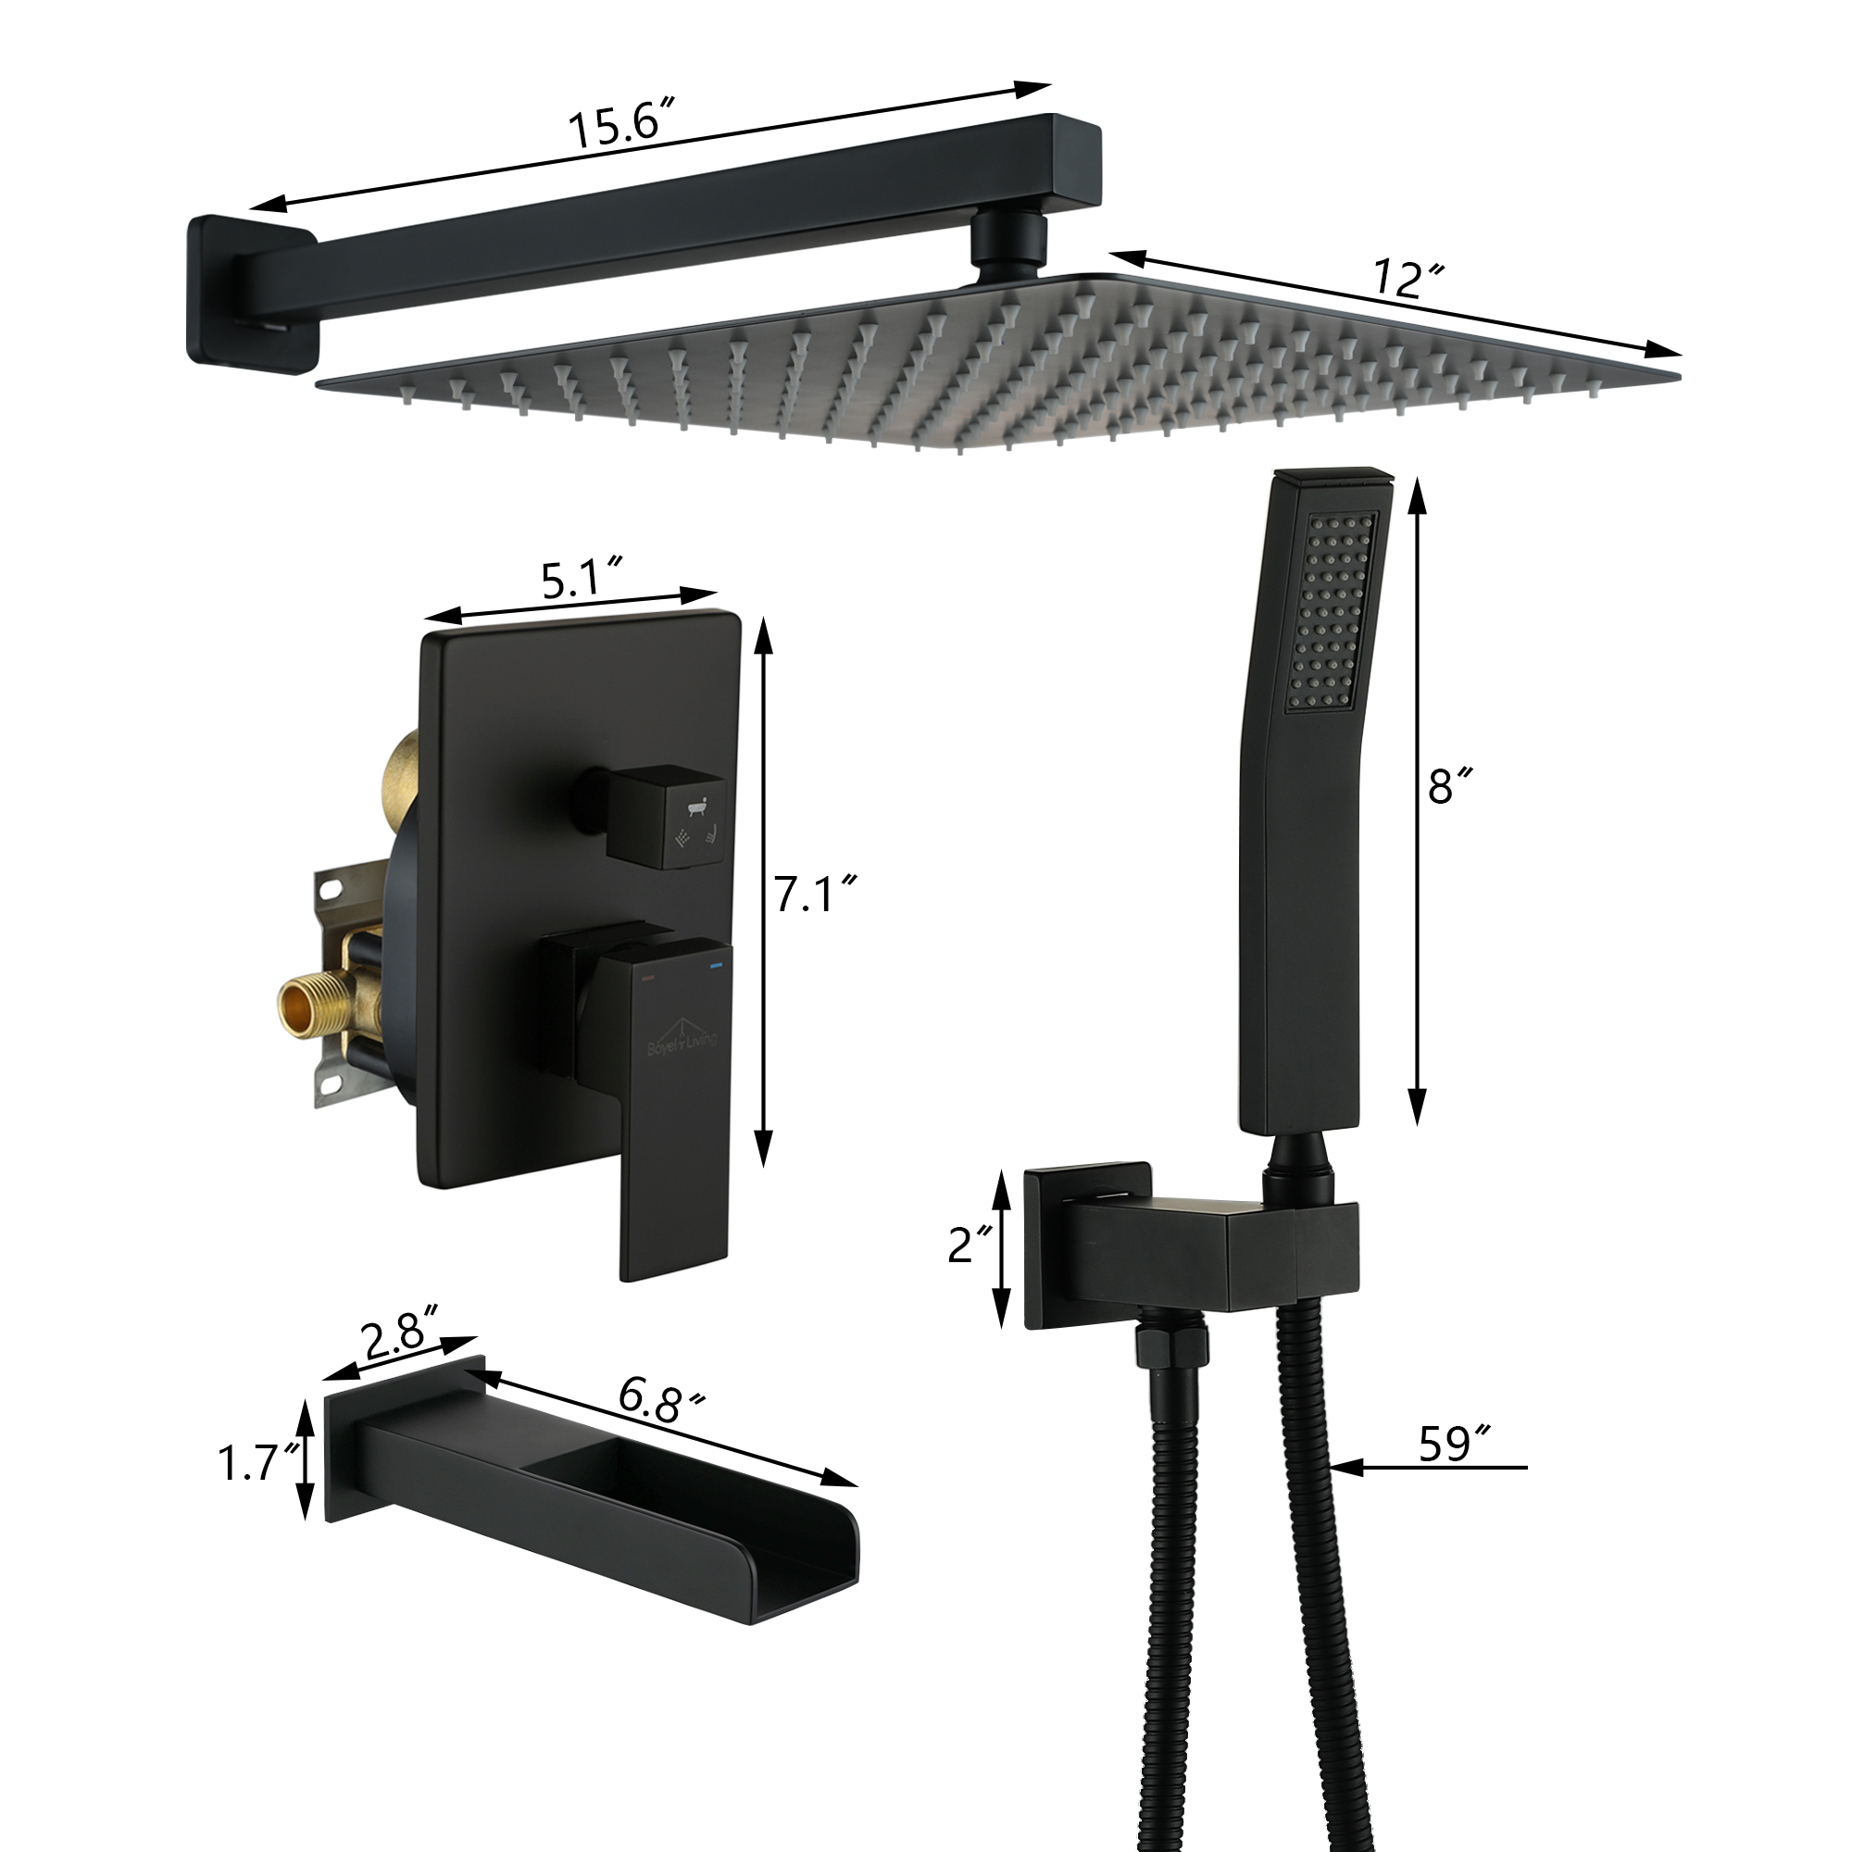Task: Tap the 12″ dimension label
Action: point(1408,278)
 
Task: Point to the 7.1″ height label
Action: point(814,895)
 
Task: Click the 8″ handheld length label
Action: point(1448,786)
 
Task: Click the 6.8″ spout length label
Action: point(660,1400)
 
